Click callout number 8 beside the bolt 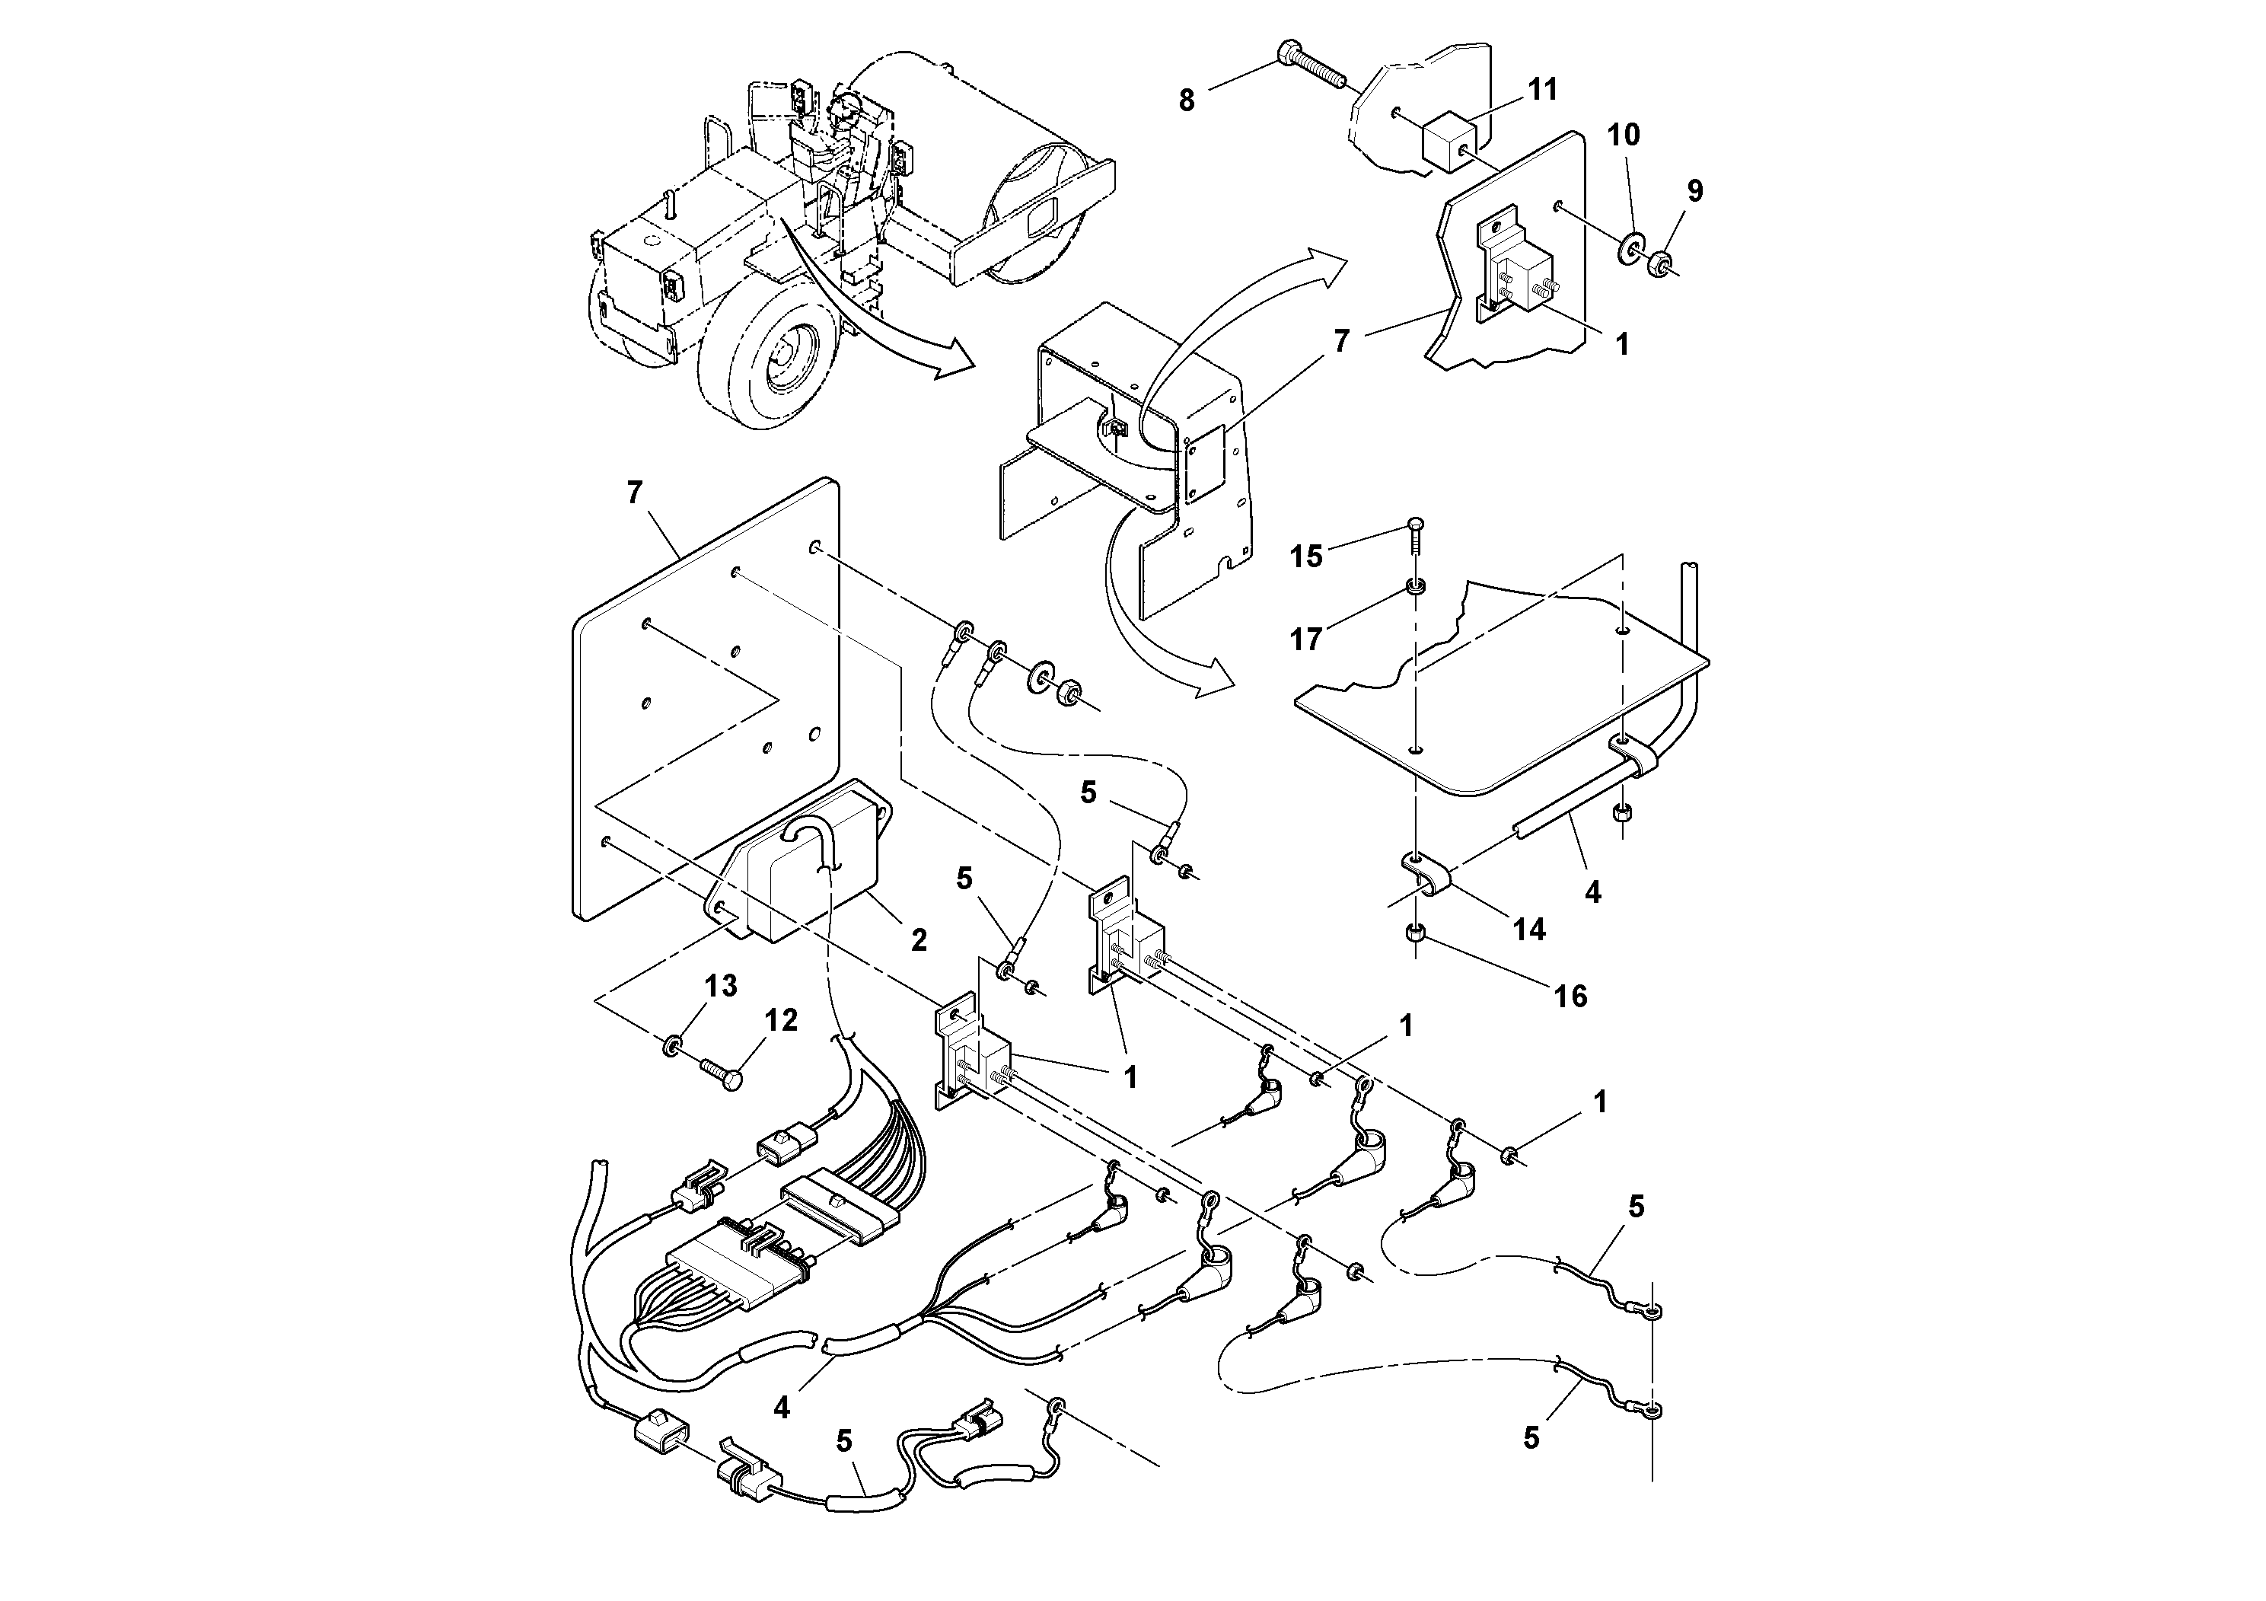click(1187, 100)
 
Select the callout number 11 click(1543, 90)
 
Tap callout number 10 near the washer click(1624, 136)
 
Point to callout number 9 click(1694, 190)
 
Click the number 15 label click(1305, 557)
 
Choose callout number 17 click(1305, 639)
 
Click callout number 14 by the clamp click(1528, 929)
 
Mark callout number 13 click(721, 985)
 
